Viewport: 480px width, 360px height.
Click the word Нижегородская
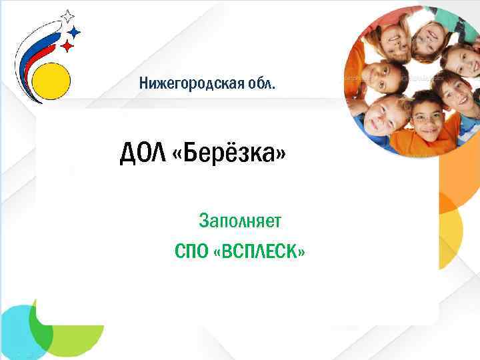click(x=191, y=85)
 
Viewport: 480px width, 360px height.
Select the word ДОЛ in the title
click(x=142, y=155)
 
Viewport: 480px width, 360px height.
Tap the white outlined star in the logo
click(x=67, y=16)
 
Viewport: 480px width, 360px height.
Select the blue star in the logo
click(x=74, y=31)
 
